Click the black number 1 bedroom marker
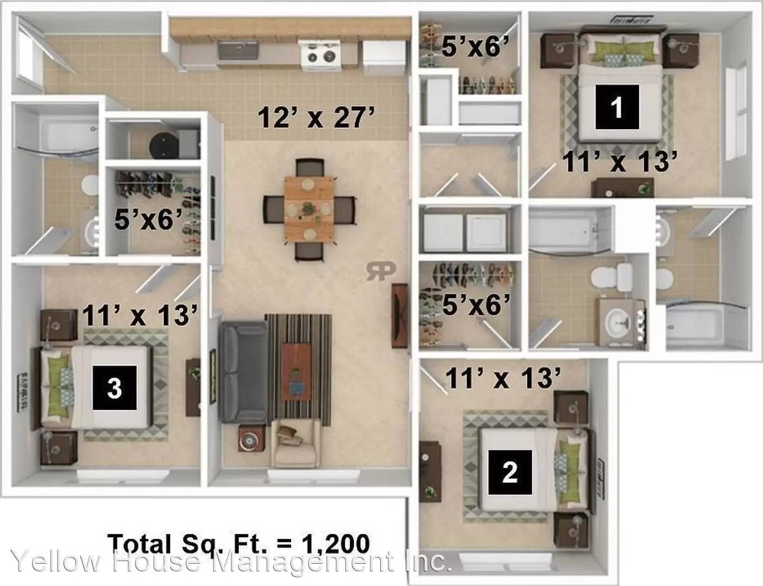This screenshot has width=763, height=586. (x=616, y=107)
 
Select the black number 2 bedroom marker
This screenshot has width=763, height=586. (x=509, y=472)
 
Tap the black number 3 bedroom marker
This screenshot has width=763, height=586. (x=114, y=387)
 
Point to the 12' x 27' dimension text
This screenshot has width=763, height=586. (x=317, y=117)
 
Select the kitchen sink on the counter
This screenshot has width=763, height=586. (x=238, y=52)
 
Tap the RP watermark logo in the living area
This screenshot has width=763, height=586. (x=381, y=270)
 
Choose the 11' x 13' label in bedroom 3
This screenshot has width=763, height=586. (x=139, y=315)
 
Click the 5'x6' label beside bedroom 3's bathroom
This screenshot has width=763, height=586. (x=148, y=220)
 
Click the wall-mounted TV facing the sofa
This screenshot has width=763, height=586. (x=400, y=315)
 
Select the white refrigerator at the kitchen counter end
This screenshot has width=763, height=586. (x=384, y=56)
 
